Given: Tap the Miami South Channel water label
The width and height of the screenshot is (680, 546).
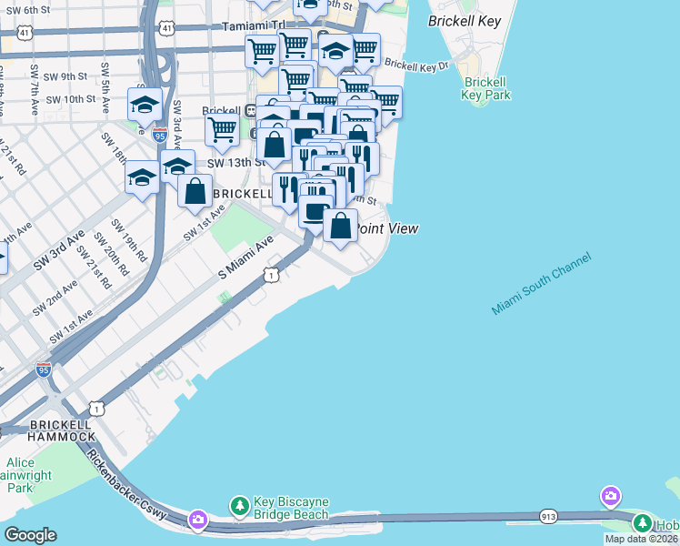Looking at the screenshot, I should coord(541,284).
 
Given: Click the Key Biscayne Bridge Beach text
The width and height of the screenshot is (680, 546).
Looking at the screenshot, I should coord(290,508).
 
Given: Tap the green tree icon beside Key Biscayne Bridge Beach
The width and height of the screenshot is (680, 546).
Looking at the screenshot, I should coord(239,504).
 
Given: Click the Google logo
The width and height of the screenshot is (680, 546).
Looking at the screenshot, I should coord(30,535).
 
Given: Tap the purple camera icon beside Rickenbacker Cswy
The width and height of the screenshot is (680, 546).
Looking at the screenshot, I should coord(197,520).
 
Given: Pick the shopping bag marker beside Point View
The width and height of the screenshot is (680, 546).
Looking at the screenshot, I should coord(340,225).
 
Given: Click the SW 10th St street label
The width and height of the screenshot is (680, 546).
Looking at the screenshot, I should coord(66,98).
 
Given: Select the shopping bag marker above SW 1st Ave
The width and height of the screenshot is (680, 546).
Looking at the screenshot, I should coord(195,190).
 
